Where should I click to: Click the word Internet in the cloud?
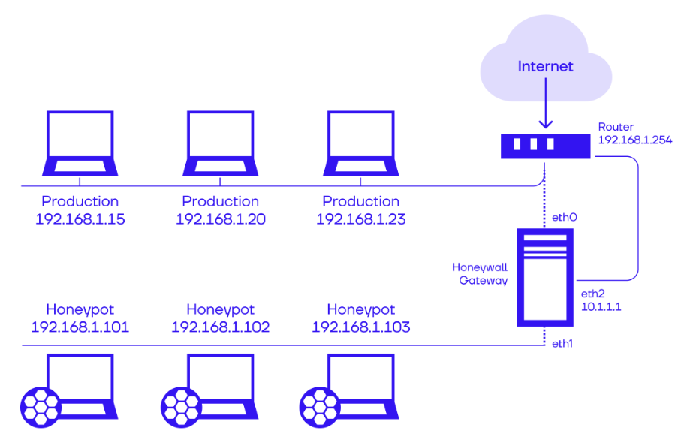[545, 67]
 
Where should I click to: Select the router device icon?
[546, 144]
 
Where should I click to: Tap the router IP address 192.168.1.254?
[634, 140]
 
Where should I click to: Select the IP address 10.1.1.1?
[601, 307]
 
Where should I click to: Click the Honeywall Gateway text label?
[481, 273]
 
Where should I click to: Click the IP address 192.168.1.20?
[221, 219]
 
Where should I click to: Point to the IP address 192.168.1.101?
[80, 327]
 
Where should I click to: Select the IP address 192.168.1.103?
[361, 327]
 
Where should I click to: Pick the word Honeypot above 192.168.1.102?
[221, 309]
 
